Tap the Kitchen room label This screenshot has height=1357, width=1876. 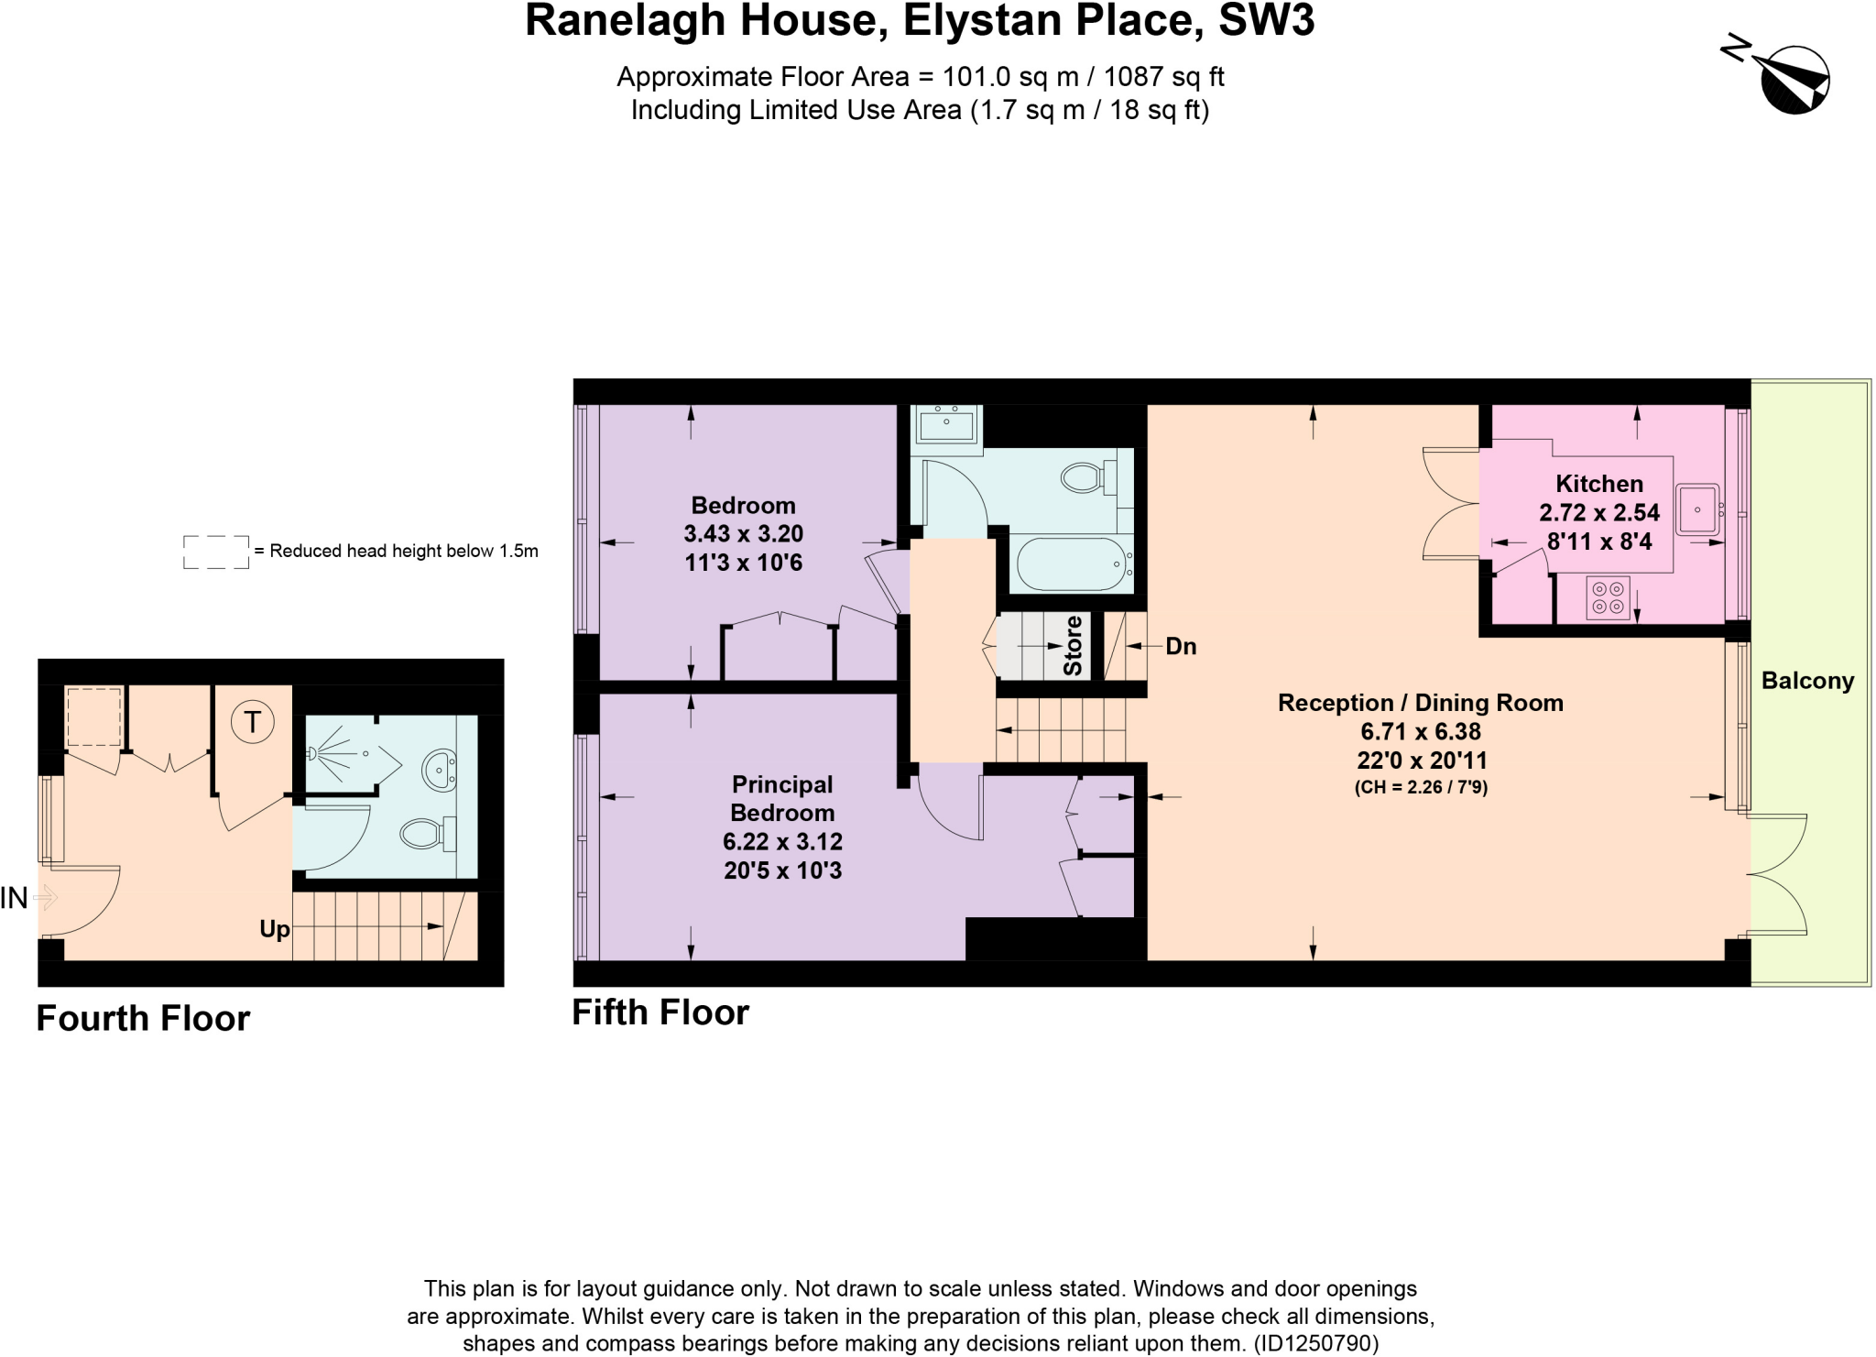tap(1599, 484)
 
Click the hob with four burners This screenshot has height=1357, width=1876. tap(1608, 597)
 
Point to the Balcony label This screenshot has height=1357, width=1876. tap(1807, 681)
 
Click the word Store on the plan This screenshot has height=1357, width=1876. tap(1073, 646)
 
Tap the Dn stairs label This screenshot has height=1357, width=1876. tap(1181, 647)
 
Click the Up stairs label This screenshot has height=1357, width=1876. tap(274, 929)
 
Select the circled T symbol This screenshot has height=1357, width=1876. tap(252, 722)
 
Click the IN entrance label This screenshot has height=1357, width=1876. tap(15, 899)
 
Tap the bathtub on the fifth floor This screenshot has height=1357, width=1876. tap(1070, 564)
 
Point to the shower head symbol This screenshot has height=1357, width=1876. tap(314, 753)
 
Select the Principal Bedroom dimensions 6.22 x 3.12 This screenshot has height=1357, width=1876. tap(782, 841)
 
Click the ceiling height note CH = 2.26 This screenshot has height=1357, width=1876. tap(1421, 787)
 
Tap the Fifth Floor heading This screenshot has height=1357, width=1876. tap(660, 1012)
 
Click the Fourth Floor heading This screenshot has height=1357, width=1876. tap(143, 1019)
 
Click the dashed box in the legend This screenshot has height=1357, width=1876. tap(216, 553)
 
